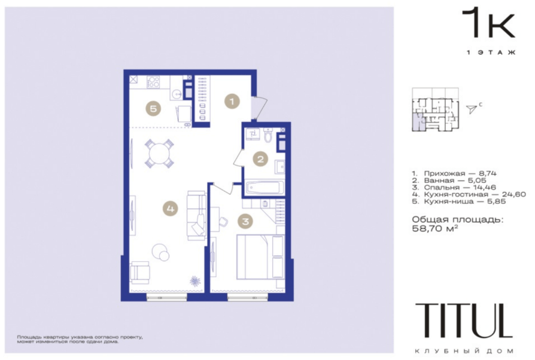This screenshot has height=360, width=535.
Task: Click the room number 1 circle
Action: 232,101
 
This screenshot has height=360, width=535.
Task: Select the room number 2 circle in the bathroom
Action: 261,159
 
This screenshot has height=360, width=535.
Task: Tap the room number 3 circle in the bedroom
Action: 245,221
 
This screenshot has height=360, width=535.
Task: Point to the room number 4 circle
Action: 171,208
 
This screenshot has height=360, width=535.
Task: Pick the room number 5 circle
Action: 153,108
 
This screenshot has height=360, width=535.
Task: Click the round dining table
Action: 159,154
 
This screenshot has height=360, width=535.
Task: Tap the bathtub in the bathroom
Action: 265,188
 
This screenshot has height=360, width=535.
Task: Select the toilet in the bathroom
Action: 268,136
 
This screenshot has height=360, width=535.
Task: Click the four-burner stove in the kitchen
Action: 153,82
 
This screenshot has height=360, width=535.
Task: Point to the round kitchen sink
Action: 177,93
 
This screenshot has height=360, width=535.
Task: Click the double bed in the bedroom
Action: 260,257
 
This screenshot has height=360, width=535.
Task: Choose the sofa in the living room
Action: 196,215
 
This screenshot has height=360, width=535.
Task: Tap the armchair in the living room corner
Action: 139,272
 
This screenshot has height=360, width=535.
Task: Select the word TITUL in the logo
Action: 464,321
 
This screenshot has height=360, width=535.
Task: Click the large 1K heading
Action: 488,23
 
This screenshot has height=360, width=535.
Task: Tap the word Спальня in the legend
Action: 442,187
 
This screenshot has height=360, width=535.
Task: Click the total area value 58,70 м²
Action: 434,228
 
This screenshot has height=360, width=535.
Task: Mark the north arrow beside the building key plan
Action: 472,109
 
